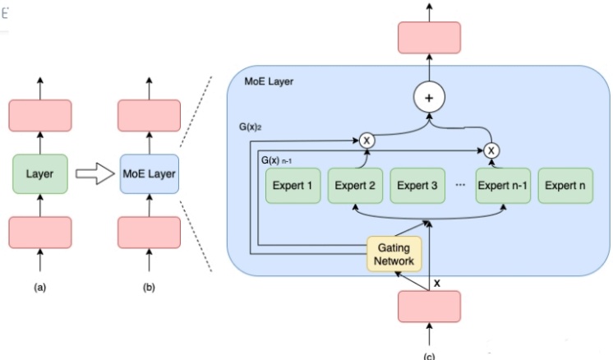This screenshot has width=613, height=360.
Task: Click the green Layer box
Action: (40, 174)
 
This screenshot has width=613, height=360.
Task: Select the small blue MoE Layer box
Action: (149, 174)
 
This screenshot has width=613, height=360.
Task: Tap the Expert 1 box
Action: (293, 186)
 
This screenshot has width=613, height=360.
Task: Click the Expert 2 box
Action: (355, 186)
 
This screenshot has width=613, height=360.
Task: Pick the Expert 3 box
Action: (417, 186)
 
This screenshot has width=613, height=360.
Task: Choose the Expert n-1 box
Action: (503, 186)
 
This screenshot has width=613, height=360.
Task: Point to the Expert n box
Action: (565, 186)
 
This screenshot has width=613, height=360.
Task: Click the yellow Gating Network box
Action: (394, 254)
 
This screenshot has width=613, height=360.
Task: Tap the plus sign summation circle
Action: (429, 97)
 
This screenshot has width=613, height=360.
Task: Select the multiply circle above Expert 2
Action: (366, 141)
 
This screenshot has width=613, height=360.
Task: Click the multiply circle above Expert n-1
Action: (491, 150)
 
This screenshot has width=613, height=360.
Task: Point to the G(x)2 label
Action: (250, 127)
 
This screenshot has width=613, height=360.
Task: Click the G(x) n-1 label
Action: (276, 160)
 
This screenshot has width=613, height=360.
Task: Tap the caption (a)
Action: (40, 288)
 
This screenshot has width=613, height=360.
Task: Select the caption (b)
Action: (149, 288)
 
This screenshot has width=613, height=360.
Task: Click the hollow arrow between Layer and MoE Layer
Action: (94, 173)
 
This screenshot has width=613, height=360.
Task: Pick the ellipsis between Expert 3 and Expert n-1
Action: (460, 185)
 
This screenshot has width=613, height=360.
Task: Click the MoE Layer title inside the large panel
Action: (269, 81)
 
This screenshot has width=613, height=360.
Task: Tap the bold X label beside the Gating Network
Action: (437, 284)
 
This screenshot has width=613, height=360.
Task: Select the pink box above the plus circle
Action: (429, 38)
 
